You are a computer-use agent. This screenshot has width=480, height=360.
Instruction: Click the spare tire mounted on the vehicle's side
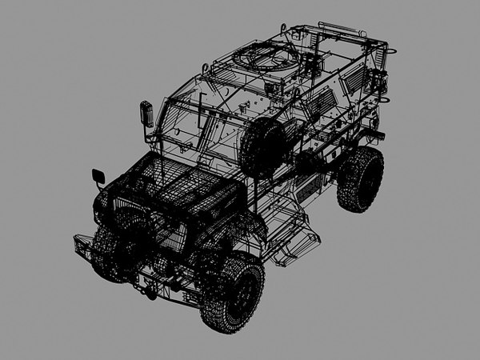coord(263,148)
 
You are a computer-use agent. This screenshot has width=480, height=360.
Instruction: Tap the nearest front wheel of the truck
coord(233,293)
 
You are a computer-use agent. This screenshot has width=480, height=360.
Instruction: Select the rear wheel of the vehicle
coord(360,178)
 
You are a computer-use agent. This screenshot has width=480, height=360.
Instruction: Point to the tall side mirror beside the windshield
coord(146,113)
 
